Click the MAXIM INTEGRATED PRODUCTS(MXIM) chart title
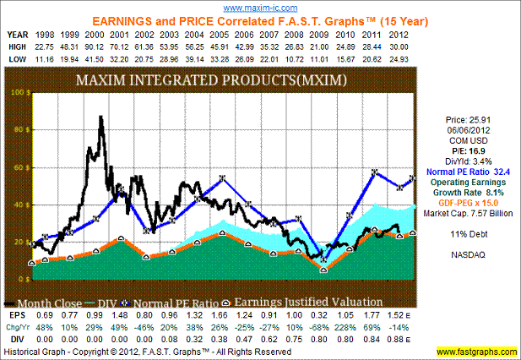point(224,82)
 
